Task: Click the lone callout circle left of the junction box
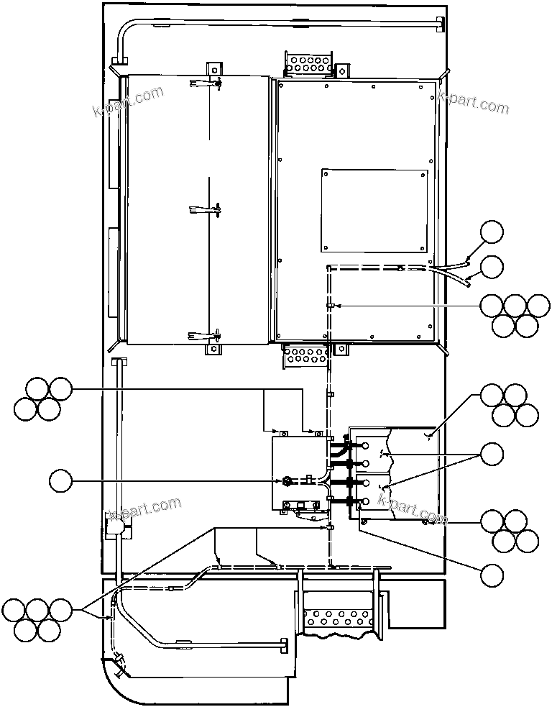tap(61, 480)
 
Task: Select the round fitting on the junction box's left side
tap(287, 480)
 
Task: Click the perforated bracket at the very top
tap(308, 64)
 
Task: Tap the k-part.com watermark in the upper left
tap(129, 101)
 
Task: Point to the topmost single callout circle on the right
tap(492, 232)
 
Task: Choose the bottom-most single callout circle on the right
tap(492, 575)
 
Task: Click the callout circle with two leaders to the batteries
tap(492, 454)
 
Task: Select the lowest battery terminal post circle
tap(367, 501)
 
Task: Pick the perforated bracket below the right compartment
tap(307, 356)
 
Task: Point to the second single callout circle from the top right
tap(492, 267)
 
